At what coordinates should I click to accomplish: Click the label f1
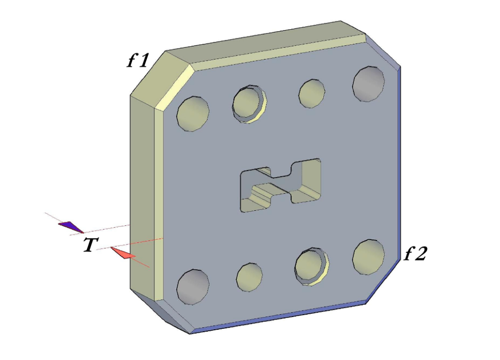138,60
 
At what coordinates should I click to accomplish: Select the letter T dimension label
89,245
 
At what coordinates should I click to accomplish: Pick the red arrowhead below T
123,253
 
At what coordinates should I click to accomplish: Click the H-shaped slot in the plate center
281,185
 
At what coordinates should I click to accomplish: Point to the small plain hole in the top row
312,93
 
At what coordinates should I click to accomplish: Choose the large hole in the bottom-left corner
193,287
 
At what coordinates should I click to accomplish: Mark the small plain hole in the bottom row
249,277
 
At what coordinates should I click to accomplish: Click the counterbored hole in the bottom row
311,266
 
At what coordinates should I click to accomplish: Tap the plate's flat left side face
142,195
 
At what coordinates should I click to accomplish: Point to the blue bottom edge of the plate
278,318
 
